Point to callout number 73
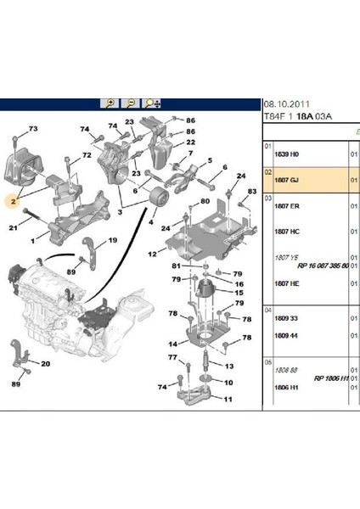tap(34, 128)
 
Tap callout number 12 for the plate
tap(152, 254)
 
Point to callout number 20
tap(45, 365)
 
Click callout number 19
tap(112, 243)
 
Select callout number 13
tap(228, 365)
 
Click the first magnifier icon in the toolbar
tap(110, 103)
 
